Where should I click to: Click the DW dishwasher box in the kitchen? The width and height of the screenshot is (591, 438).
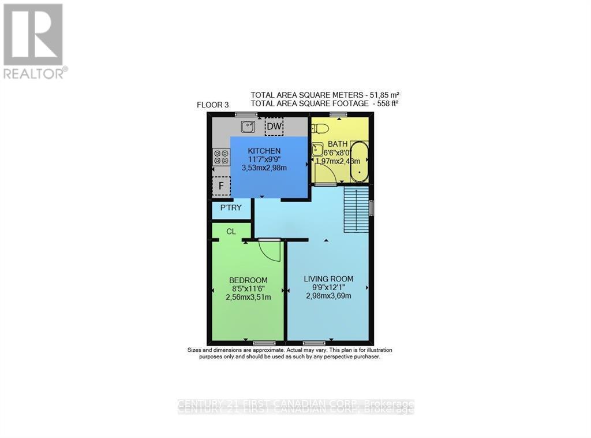[x=274, y=127]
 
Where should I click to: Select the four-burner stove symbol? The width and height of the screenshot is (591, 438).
[x=221, y=157]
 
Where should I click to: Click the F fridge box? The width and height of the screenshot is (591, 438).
[x=221, y=186]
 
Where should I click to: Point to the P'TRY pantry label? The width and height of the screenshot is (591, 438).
[x=231, y=208]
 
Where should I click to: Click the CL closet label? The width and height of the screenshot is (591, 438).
[x=231, y=232]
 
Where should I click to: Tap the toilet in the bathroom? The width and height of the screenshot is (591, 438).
[x=321, y=128]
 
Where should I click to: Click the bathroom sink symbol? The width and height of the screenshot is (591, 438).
[x=318, y=150]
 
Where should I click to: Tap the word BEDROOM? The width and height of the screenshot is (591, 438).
[x=248, y=280]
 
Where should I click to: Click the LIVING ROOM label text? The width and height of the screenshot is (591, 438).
[x=328, y=279]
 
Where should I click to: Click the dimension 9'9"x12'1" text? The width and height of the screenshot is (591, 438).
[x=328, y=287]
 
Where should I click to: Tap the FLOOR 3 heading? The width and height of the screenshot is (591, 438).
[x=213, y=105]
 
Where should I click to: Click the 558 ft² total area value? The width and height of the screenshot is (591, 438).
[x=386, y=103]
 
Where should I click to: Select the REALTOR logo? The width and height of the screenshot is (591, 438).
[x=34, y=40]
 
